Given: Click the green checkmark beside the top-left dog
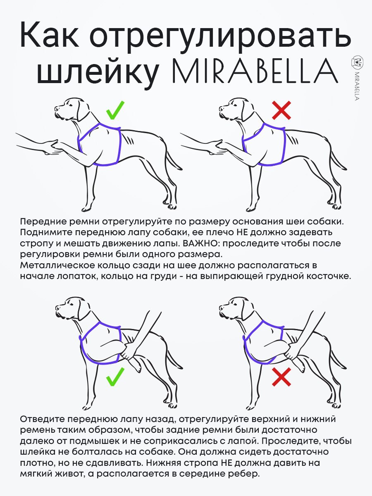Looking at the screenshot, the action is point(115,111).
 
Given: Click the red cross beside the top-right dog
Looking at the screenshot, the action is point(281,110).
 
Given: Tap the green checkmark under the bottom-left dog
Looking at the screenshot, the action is point(115,377).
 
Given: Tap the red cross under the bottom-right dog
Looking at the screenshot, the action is point(281,377).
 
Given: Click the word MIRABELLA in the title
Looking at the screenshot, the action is point(255,71).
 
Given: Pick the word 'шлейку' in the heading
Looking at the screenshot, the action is point(98,73).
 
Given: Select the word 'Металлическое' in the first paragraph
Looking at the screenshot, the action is point(57,265).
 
